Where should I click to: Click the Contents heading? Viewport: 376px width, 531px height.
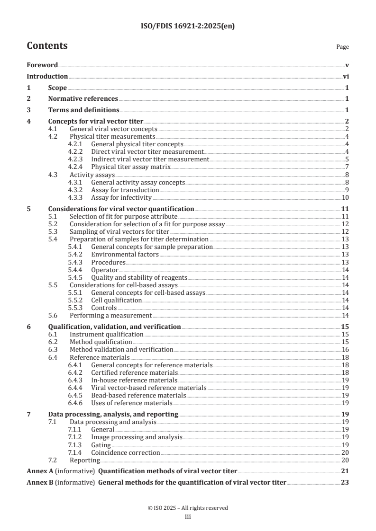[47, 46]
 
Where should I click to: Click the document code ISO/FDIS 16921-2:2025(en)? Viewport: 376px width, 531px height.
[188, 27]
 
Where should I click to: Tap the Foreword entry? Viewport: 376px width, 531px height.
[42, 65]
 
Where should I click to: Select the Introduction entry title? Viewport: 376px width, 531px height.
[47, 76]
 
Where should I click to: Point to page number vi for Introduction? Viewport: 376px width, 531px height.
[346, 76]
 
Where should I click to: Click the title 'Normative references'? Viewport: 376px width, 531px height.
[83, 99]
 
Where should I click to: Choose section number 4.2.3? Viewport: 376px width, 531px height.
[75, 159]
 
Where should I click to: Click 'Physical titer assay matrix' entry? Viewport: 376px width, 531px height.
[131, 167]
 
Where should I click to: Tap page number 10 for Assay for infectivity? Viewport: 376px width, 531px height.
[346, 197]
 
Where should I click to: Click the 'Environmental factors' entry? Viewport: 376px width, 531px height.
[125, 255]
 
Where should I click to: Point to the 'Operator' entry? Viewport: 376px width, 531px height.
[104, 270]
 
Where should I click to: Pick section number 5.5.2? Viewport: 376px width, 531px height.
[75, 300]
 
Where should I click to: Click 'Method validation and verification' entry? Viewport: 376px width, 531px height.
[121, 349]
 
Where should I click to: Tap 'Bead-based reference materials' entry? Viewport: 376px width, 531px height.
[138, 395]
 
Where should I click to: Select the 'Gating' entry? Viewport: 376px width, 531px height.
[101, 445]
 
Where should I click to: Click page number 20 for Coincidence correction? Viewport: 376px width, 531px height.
[346, 452]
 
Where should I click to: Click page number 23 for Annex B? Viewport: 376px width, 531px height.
[346, 483]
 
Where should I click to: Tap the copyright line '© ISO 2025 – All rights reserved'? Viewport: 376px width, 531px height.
[188, 508]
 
